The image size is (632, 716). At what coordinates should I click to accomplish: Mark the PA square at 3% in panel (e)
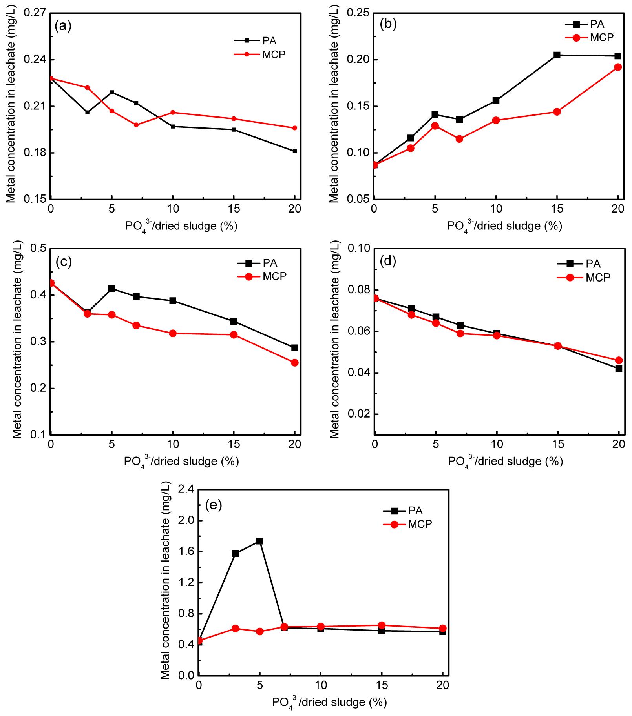pos(236,553)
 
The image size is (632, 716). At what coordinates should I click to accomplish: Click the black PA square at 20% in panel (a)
pos(295,151)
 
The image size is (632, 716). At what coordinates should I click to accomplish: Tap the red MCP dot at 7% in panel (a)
pos(136,125)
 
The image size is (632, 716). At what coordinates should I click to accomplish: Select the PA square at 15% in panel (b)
pos(557,55)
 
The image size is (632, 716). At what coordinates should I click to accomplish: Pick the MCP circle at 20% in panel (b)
pos(618,67)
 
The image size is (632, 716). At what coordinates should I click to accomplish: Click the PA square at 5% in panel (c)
pos(112,289)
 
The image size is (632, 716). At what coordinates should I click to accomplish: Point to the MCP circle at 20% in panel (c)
pos(295,363)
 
